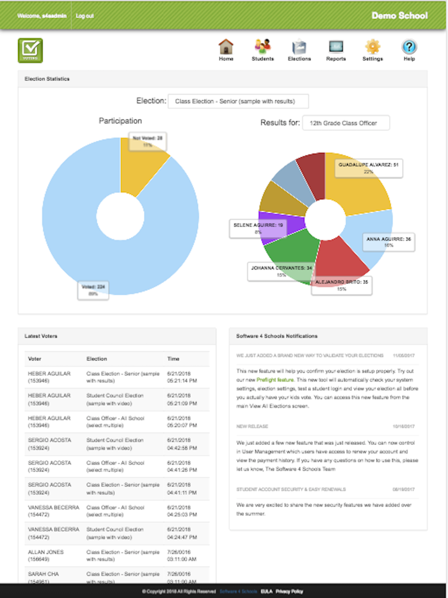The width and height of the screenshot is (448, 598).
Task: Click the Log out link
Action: pos(84,15)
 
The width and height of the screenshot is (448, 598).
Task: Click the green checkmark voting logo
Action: pos(30,50)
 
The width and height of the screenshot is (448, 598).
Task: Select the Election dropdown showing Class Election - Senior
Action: pos(238,101)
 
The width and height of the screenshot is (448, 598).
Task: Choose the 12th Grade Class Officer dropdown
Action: pos(346,123)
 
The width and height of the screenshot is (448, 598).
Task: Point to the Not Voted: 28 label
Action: pos(148,141)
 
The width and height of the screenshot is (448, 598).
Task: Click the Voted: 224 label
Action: pos(93,289)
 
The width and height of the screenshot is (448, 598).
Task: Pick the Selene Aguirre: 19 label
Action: pos(257,228)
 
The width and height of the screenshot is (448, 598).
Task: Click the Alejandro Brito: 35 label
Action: pos(341,285)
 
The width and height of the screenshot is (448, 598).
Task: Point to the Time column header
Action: pos(173,359)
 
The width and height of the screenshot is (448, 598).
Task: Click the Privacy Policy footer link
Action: pos(290,591)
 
